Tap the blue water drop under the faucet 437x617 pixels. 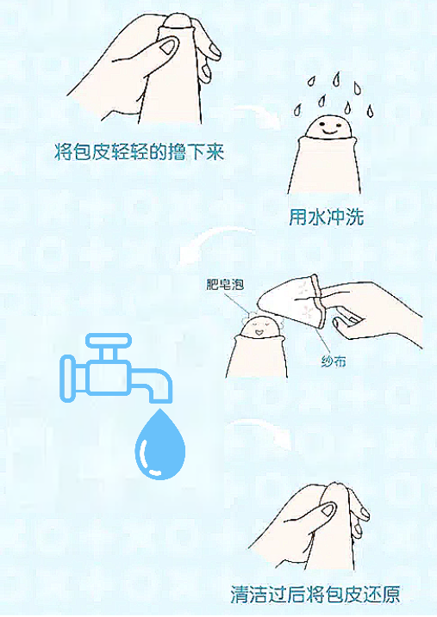[160, 446]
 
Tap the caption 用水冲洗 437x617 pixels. [326, 217]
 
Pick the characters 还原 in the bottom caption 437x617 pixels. [380, 595]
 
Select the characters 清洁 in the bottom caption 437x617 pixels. [249, 595]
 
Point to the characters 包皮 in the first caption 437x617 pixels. [90, 153]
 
